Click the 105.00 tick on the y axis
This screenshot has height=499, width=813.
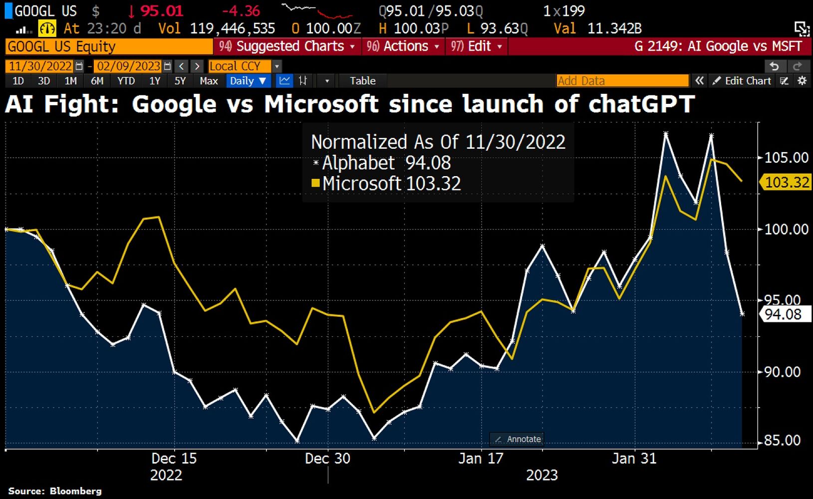coord(786,158)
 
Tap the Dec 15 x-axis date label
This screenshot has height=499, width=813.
coord(174,459)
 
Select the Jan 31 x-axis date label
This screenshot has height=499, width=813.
coord(634,459)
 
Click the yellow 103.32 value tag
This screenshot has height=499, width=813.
coord(786,183)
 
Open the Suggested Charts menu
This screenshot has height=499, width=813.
coord(288,46)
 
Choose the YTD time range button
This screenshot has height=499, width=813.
coord(126,81)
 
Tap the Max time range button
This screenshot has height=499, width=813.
coord(208,81)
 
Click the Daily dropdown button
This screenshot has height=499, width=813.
coord(248,81)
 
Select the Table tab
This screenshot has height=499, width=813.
coord(362,81)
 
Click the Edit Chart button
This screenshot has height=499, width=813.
coord(742,81)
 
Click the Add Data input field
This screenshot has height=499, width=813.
coord(622,81)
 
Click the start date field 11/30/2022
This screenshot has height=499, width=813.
coord(40,66)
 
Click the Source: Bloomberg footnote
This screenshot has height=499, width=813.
coord(55,491)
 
